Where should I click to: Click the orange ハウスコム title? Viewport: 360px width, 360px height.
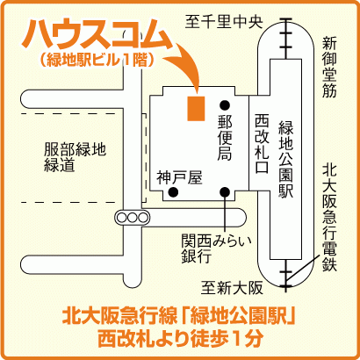tap(97, 34)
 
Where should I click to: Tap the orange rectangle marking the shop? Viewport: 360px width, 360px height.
tap(196, 108)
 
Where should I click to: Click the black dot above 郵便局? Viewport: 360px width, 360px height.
tap(225, 104)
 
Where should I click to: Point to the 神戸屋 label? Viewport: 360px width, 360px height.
tap(179, 178)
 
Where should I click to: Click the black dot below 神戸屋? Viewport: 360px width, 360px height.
tap(173, 192)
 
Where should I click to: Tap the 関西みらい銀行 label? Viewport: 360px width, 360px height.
tap(216, 248)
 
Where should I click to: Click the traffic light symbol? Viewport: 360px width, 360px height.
tap(132, 218)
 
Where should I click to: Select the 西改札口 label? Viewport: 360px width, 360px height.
tap(262, 143)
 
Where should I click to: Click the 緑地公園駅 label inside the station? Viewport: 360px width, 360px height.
tap(285, 159)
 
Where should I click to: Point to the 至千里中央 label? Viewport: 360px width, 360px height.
tap(224, 22)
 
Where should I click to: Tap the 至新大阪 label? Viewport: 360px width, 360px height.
tap(232, 288)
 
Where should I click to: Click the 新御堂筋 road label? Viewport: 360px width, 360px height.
tap(329, 67)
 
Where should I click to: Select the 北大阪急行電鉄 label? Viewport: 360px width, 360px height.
tap(329, 218)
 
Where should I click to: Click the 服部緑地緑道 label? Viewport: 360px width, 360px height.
tap(75, 157)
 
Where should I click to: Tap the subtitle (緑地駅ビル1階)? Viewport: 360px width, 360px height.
tap(97, 61)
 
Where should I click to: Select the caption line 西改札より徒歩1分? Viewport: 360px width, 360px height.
tap(179, 338)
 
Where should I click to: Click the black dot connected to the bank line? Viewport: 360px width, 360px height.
tap(225, 192)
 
